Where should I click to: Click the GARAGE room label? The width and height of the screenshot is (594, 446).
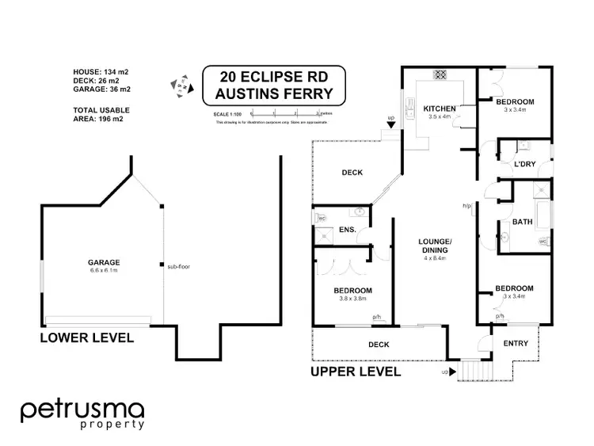(x=103, y=262)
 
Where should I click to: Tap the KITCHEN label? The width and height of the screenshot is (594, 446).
(x=438, y=109)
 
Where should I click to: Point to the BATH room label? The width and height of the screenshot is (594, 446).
(x=522, y=223)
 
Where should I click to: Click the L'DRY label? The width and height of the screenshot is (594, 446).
(x=526, y=164)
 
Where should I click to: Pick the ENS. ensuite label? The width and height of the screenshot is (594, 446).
(x=346, y=231)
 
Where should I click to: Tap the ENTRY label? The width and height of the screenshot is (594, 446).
(x=516, y=343)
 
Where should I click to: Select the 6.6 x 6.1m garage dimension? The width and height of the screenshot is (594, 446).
(x=103, y=271)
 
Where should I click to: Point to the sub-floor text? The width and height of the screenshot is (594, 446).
(x=178, y=266)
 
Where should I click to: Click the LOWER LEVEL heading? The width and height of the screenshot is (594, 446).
(x=87, y=338)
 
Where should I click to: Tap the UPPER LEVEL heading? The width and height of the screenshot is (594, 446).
(x=355, y=372)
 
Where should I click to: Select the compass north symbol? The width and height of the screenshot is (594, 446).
(x=181, y=86)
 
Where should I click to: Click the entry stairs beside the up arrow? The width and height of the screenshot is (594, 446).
(x=477, y=369)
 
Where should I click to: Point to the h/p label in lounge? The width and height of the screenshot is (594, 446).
(x=467, y=207)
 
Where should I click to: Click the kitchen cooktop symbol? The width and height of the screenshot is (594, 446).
(x=438, y=76)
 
